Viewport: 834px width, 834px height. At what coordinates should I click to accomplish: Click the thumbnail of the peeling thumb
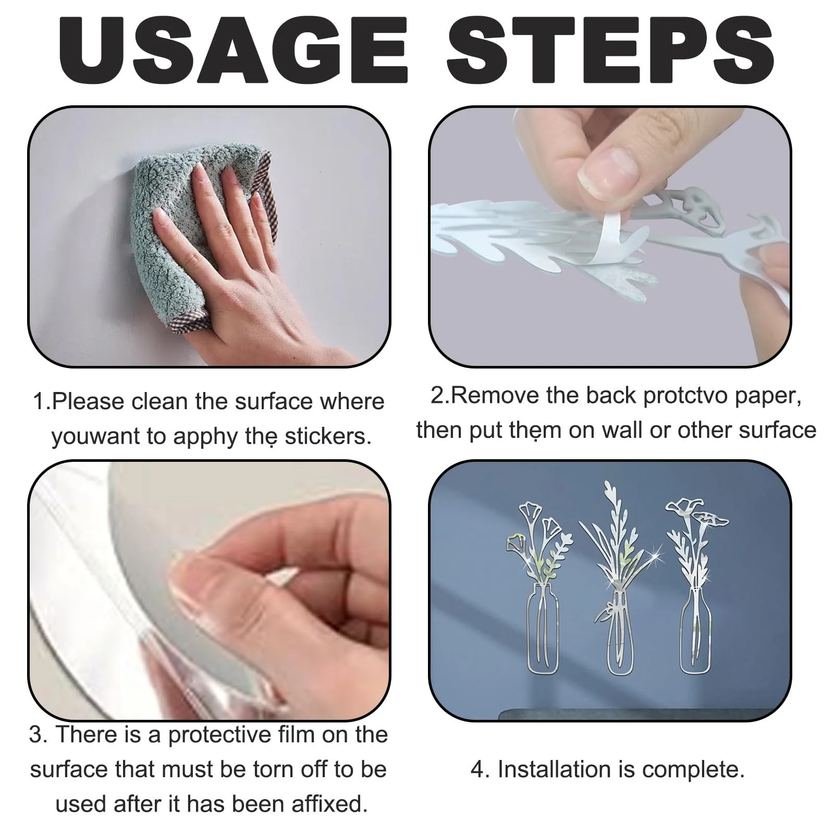608,173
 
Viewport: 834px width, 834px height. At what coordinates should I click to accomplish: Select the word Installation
556,769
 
